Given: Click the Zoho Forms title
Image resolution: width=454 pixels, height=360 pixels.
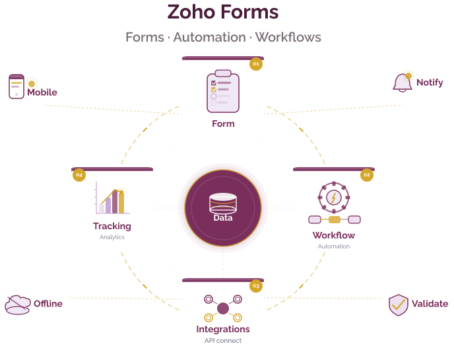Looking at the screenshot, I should [223, 12].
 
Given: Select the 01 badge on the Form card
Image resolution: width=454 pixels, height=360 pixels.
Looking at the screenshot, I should [255, 64].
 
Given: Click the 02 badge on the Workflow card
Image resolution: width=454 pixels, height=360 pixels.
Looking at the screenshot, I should [366, 175].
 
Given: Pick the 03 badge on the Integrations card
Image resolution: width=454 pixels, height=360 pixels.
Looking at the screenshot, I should [255, 286].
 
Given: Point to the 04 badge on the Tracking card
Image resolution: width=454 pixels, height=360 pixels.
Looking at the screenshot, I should [79, 175].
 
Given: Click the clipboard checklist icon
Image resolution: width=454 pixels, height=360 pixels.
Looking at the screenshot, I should [223, 90].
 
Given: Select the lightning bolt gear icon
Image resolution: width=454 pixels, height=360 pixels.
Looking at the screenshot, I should [334, 197].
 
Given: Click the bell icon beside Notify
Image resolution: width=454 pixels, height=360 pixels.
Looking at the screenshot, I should [402, 83].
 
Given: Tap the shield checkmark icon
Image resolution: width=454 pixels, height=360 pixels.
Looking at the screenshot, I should [398, 305].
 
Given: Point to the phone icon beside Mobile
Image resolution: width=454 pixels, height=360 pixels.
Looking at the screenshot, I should [16, 87].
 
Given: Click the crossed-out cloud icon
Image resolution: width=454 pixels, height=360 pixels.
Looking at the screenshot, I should [17, 305].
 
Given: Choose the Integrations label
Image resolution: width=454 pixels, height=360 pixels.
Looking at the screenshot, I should [223, 329].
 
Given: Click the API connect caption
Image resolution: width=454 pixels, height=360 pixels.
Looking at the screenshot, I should [223, 341].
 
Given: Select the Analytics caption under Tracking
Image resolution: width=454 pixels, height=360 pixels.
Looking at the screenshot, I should [112, 237].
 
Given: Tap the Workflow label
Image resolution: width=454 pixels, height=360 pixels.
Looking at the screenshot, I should [334, 235].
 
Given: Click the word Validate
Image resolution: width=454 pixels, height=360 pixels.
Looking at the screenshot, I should [430, 305].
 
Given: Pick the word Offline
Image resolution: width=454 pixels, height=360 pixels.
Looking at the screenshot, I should [48, 304].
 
